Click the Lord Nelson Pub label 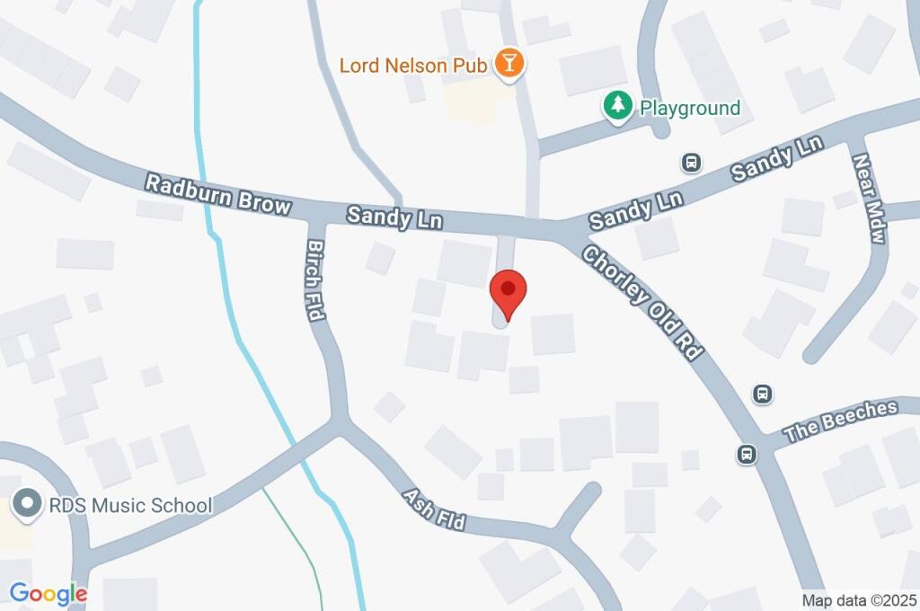pos(413,66)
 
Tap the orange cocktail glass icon pos(510,64)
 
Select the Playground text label pos(690,109)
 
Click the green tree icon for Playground pos(617,106)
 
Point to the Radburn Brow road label pos(218,194)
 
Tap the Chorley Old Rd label pos(641,301)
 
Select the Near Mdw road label pos(868,199)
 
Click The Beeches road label pos(840,421)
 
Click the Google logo pos(48,593)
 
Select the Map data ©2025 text pos(859,599)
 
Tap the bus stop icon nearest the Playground pos(691,163)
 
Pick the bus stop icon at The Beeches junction pos(747,455)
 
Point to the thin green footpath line pos(301,539)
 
